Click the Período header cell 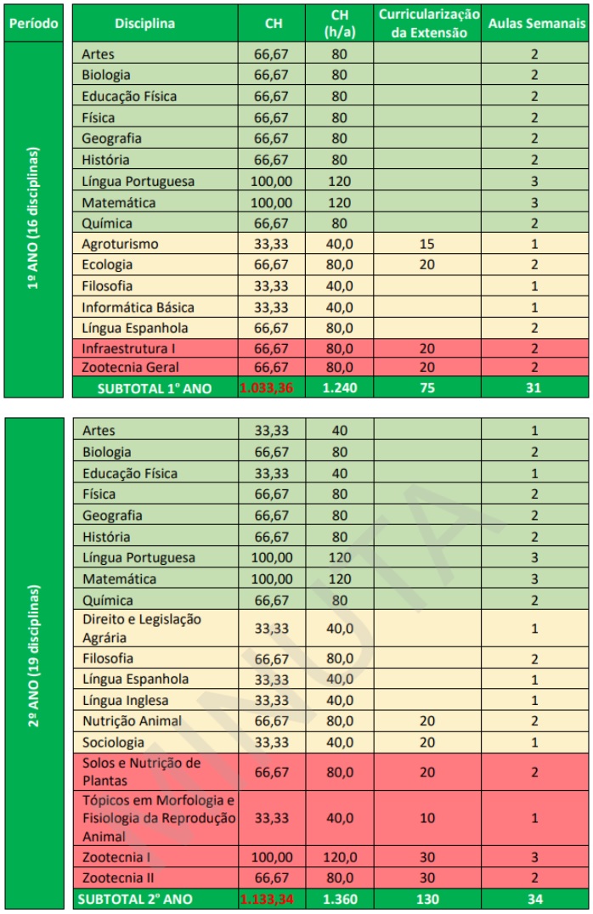(33, 23)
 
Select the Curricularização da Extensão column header (428, 24)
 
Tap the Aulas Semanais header (536, 24)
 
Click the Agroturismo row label (120, 244)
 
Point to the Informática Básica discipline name (138, 307)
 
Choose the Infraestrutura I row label (129, 348)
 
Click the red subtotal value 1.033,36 (273, 387)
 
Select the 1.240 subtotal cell (339, 387)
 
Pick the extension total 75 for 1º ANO (427, 387)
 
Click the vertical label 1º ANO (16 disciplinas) (34, 219)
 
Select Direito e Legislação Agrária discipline (141, 628)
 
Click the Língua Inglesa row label (125, 700)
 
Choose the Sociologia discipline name (113, 742)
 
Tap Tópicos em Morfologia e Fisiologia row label (158, 818)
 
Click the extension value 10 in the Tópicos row (427, 818)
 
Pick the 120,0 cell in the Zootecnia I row (339, 857)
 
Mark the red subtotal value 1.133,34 (273, 898)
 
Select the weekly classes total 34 (535, 898)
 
